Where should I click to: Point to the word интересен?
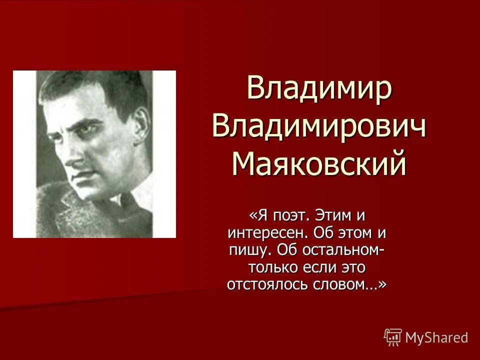coord(268,233)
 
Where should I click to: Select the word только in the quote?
coord(274,267)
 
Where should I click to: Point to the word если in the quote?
coord(322,267)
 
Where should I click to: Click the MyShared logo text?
coord(436,337)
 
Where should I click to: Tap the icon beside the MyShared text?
coord(393,337)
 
